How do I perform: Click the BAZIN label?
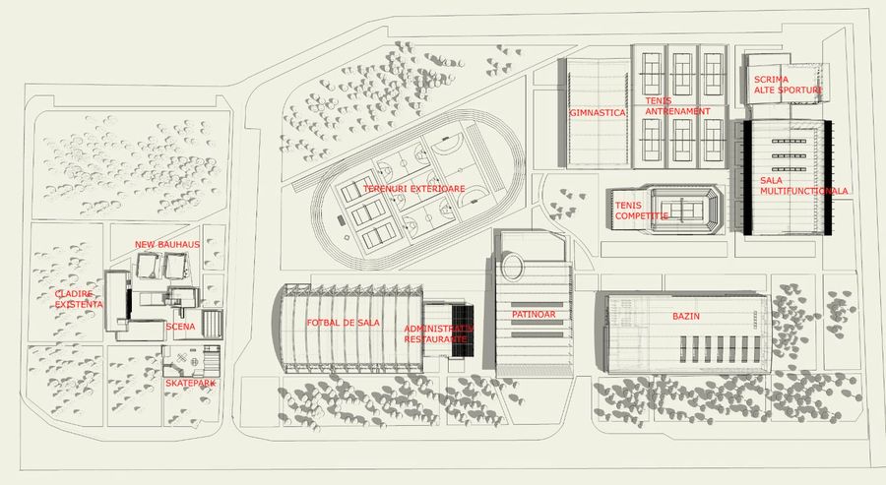pyautogui.click(x=686, y=317)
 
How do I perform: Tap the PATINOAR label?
pyautogui.click(x=535, y=314)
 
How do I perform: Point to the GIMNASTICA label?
pyautogui.click(x=598, y=112)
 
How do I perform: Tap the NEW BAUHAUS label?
pyautogui.click(x=167, y=244)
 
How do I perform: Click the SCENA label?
pyautogui.click(x=180, y=327)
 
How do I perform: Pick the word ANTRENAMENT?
pyautogui.click(x=677, y=111)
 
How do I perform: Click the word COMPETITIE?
pyautogui.click(x=642, y=214)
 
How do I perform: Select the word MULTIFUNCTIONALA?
pyautogui.click(x=804, y=191)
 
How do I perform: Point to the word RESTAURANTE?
pyautogui.click(x=436, y=337)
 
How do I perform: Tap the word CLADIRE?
pyautogui.click(x=74, y=294)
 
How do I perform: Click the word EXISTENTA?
pyautogui.click(x=78, y=305)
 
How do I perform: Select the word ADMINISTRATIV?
pyautogui.click(x=439, y=328)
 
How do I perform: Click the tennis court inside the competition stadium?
pyautogui.click(x=688, y=209)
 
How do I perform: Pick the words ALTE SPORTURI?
pyautogui.click(x=788, y=91)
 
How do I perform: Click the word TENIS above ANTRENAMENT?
pyautogui.click(x=658, y=100)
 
